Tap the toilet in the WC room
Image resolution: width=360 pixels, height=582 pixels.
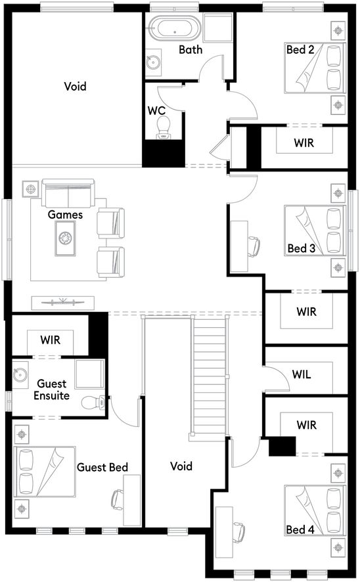(x=164, y=126)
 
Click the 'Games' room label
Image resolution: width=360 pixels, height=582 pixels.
(x=65, y=214)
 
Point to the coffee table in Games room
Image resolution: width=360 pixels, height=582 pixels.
(x=66, y=236)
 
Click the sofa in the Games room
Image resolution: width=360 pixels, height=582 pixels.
(x=68, y=194)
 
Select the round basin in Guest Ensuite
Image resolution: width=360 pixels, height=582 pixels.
(x=19, y=376)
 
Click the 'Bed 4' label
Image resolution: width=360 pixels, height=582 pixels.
(x=300, y=529)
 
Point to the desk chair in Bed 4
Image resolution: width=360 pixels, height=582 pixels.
(x=240, y=528)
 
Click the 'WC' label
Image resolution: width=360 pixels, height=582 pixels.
(x=156, y=110)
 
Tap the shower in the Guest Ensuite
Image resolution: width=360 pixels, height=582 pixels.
(x=89, y=374)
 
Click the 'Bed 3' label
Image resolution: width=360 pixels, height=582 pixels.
(x=301, y=248)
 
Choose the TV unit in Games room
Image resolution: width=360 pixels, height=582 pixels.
(x=64, y=302)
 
